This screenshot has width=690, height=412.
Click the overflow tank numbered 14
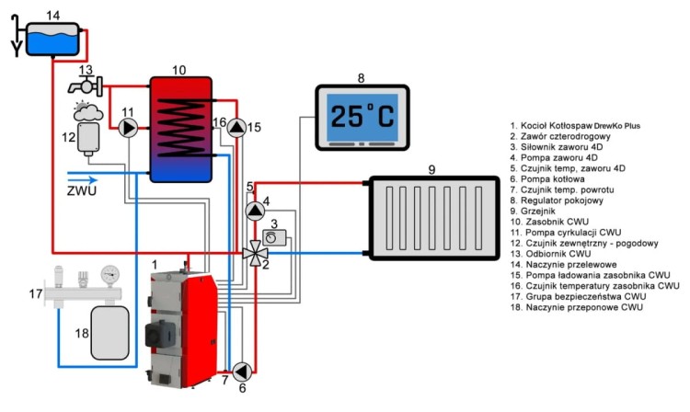(x=53, y=39)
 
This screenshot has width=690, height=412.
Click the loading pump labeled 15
(x=238, y=127)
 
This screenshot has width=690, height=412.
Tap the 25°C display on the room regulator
(x=361, y=116)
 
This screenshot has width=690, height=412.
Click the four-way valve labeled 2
(x=252, y=250)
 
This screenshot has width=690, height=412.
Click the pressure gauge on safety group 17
(x=112, y=275)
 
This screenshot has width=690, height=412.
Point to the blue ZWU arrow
(x=79, y=180)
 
